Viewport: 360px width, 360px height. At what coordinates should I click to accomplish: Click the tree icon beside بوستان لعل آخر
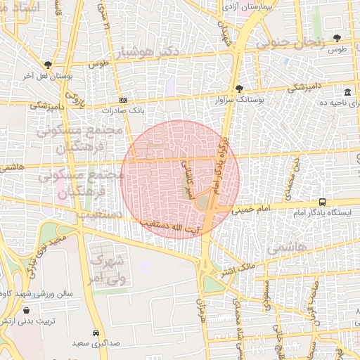pos(48,64)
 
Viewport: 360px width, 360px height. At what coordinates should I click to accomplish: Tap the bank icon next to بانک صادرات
pos(124,101)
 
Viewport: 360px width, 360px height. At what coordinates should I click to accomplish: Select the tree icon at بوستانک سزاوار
pos(239,89)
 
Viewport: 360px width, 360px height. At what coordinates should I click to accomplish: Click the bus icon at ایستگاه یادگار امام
pos(322,202)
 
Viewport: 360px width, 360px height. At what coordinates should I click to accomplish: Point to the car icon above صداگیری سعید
pos(96,332)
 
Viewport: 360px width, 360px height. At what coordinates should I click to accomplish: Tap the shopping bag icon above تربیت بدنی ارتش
pos(26,309)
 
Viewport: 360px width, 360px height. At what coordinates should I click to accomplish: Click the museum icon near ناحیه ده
pos(347,93)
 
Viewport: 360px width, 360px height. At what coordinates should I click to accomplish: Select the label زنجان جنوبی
pos(290,42)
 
